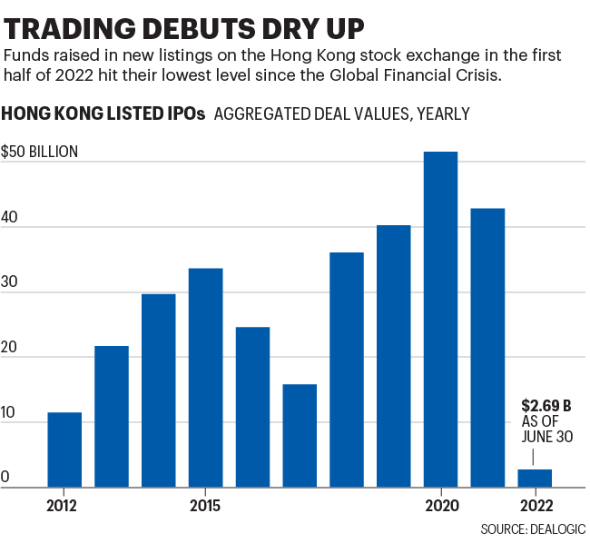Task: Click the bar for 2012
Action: click(x=64, y=449)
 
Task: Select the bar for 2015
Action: click(x=206, y=378)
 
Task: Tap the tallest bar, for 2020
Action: click(x=441, y=320)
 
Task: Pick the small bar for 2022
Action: click(x=536, y=478)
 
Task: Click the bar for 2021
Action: click(x=488, y=348)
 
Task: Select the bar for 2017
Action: click(x=300, y=436)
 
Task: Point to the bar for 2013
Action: click(x=112, y=416)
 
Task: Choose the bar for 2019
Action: click(x=394, y=356)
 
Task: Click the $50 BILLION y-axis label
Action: click(x=40, y=152)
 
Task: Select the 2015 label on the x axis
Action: click(x=206, y=505)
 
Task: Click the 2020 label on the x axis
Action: click(x=441, y=505)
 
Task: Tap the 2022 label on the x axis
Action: click(x=536, y=505)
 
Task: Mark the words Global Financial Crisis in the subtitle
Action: click(x=421, y=75)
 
